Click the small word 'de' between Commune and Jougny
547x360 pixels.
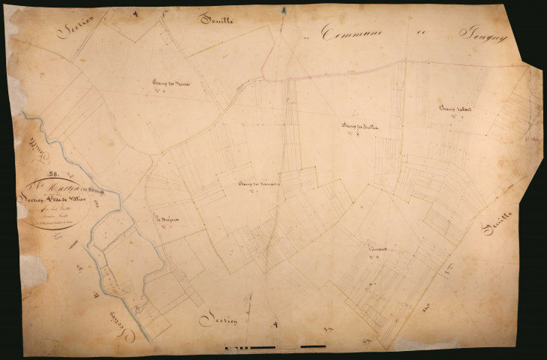point(417,34)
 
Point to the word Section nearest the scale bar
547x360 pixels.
point(219,320)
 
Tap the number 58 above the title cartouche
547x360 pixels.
point(53,174)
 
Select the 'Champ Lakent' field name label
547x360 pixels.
point(455,109)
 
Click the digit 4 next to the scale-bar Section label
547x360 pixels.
point(275,325)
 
